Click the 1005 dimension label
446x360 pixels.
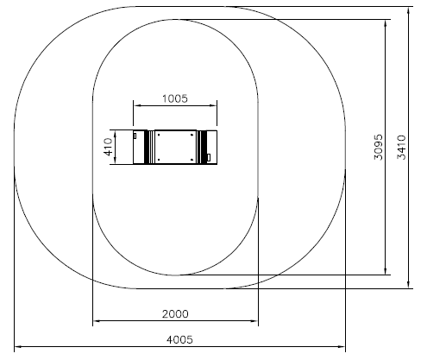click(x=175, y=98)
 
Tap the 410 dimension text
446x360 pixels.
click(x=108, y=147)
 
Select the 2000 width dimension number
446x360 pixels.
click(x=175, y=313)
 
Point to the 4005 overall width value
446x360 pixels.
click(x=179, y=339)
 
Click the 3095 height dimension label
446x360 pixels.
click(x=379, y=147)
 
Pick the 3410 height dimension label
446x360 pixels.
click(x=401, y=147)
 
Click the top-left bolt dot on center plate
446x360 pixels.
click(x=159, y=135)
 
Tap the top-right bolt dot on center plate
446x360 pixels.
click(x=192, y=135)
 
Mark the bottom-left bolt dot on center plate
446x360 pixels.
click(x=159, y=160)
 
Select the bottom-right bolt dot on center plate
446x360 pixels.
click(x=192, y=160)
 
